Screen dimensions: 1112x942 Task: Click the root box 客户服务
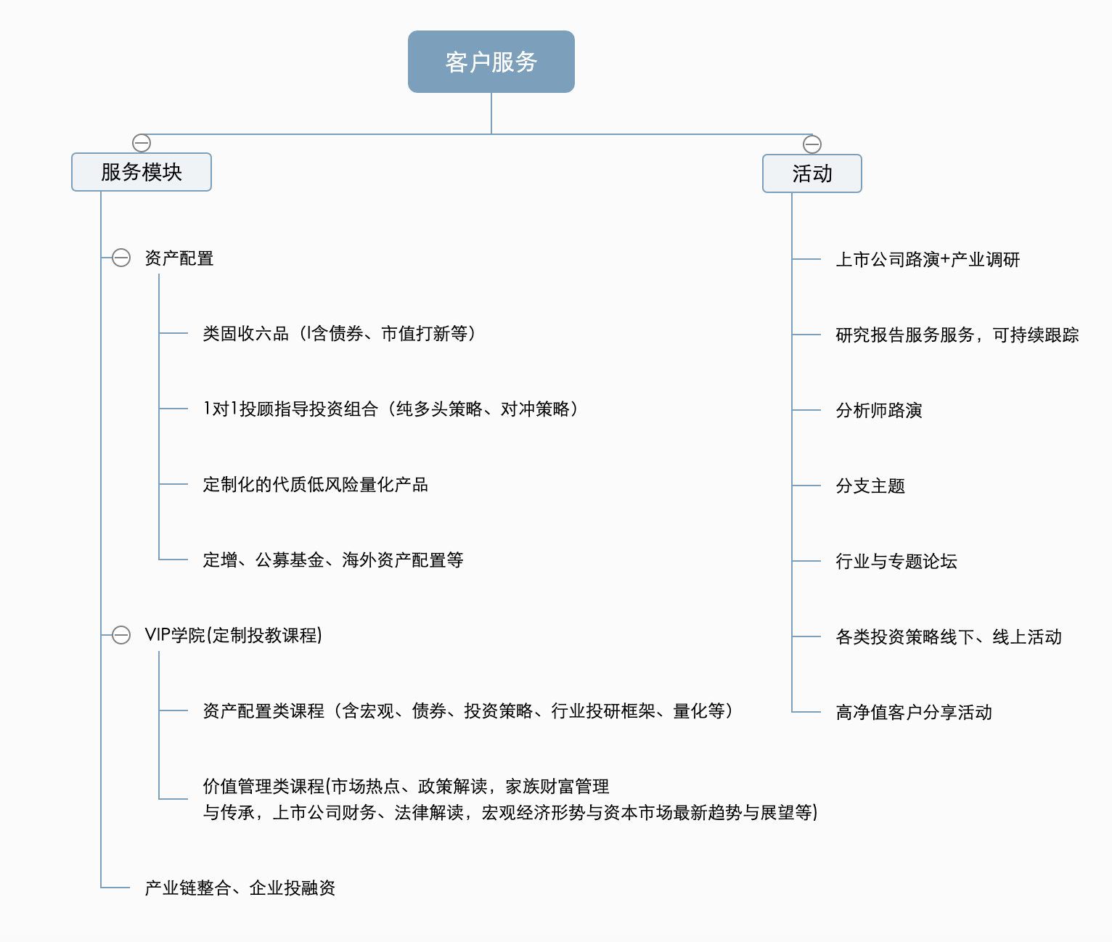coord(491,62)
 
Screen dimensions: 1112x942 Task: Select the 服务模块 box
coord(142,172)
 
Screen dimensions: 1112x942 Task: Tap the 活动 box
coord(811,173)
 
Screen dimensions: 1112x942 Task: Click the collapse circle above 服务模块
coord(142,143)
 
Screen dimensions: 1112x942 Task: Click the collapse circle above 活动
coord(811,144)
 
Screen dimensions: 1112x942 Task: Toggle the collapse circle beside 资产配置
coord(121,258)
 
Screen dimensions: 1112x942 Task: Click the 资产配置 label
coord(179,258)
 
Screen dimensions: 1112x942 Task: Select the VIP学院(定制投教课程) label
coord(234,635)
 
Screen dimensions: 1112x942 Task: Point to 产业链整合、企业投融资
coord(240,888)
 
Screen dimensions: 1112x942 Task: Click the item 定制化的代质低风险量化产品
coord(315,485)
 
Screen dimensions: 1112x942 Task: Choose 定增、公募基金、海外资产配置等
coord(333,560)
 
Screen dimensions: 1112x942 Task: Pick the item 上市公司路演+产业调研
coord(928,260)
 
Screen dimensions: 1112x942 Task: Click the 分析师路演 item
coord(879,411)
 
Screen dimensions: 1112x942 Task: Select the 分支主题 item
coord(870,486)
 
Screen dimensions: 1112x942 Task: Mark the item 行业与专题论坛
coord(896,562)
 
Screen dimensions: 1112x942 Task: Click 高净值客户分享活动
coord(914,712)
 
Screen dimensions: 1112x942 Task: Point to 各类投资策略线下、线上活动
coord(949,637)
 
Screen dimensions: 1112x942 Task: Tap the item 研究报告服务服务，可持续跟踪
coord(957,335)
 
